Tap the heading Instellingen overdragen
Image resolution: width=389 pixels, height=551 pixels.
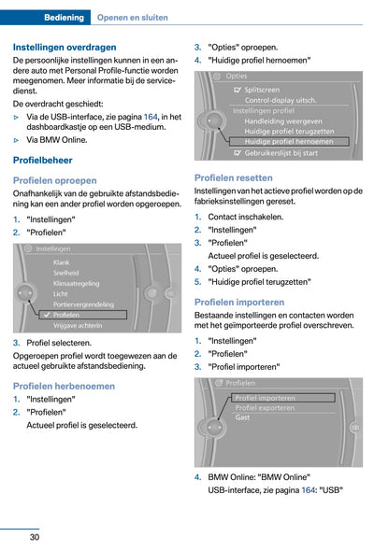tap(65, 47)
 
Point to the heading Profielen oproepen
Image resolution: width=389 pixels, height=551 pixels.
tap(55, 179)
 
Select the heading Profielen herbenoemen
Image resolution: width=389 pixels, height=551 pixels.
tap(64, 385)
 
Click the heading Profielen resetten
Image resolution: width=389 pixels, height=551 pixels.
tap(234, 177)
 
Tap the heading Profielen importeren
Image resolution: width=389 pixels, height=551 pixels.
tap(239, 302)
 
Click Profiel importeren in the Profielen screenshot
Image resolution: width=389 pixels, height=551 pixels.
tap(266, 397)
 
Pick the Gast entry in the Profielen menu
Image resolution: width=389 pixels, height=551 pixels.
tap(242, 417)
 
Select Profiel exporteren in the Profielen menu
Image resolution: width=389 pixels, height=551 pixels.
tap(266, 407)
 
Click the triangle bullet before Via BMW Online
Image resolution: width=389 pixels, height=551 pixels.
tap(17, 139)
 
